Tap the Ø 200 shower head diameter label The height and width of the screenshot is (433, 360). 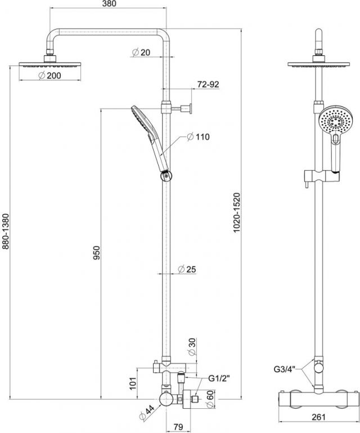click(50, 75)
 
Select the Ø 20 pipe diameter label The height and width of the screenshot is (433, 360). click(141, 52)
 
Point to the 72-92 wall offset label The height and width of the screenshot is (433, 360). click(208, 84)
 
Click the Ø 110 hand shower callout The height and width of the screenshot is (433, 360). click(199, 137)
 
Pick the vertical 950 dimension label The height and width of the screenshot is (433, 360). click(97, 252)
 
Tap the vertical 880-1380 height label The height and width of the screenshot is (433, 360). click(6, 231)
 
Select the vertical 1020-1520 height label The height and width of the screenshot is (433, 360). click(237, 213)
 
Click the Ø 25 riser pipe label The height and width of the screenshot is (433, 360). click(187, 269)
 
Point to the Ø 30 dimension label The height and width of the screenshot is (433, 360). click(192, 346)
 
